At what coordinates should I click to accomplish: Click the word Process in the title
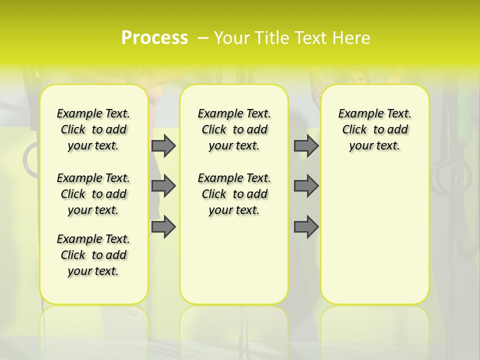click(x=154, y=37)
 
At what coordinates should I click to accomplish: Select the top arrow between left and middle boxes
click(x=163, y=146)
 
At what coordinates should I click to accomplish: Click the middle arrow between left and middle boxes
click(x=163, y=186)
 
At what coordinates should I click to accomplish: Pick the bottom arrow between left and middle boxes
click(x=163, y=227)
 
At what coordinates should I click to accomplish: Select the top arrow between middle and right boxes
click(x=306, y=146)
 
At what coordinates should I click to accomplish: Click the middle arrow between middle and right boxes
click(x=306, y=186)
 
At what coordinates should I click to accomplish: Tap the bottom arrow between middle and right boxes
click(x=306, y=227)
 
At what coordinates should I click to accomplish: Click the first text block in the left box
click(x=93, y=130)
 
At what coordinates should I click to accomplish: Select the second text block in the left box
click(x=93, y=194)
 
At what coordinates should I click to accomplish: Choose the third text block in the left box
click(x=93, y=255)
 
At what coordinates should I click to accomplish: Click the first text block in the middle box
click(x=234, y=130)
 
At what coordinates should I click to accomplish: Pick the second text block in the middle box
click(x=234, y=194)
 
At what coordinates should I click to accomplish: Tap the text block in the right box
click(x=374, y=130)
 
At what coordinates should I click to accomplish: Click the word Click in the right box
click(x=354, y=130)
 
